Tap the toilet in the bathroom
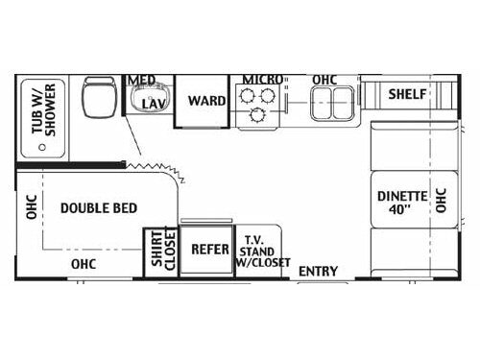point(97,96)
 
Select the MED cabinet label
point(143,80)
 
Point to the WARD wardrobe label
point(206,100)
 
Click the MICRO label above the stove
point(260,79)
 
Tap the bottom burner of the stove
point(257,116)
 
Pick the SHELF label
point(408,94)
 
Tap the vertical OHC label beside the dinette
point(442,199)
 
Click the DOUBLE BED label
point(98,207)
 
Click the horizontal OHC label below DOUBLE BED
point(84,263)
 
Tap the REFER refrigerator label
point(209,249)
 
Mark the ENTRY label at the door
point(318,272)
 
